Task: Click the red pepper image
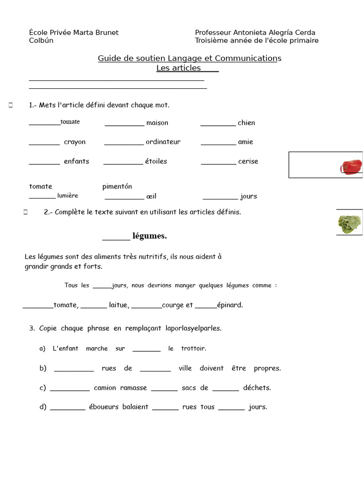[x=351, y=167]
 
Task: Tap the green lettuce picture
[x=349, y=224]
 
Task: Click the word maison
[x=157, y=123]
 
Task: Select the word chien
[x=246, y=123]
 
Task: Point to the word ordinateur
[x=163, y=142]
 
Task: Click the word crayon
[x=75, y=142]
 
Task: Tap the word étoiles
[x=156, y=161]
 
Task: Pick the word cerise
[x=248, y=161]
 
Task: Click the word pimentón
[x=117, y=186]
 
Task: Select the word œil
[x=151, y=196]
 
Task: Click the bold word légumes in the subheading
[x=149, y=236]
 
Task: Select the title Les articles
[x=179, y=68]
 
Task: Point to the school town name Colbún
[x=41, y=41]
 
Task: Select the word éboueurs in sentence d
[x=104, y=406]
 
